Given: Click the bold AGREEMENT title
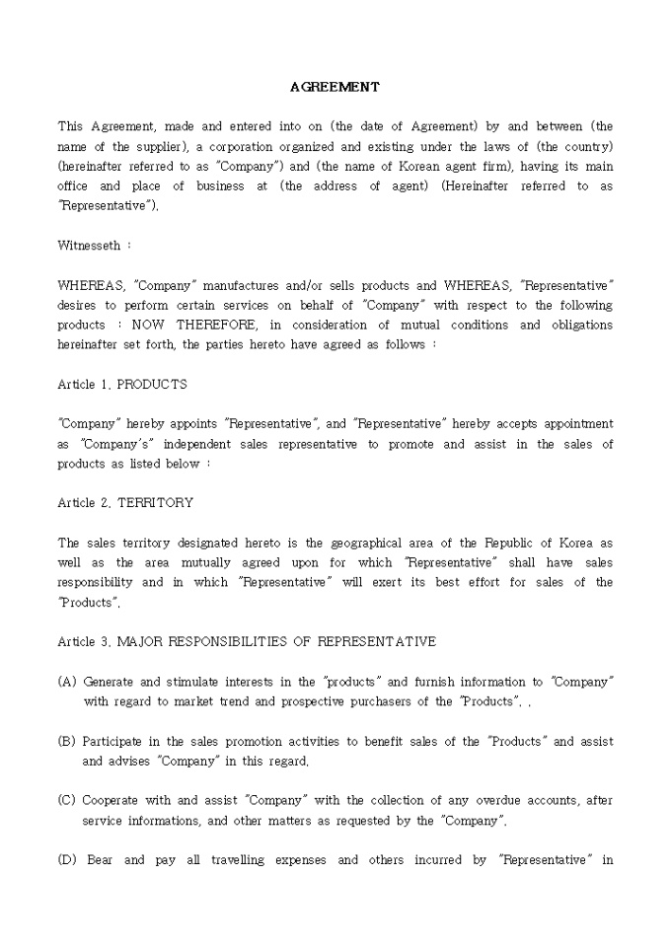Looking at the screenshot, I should [335, 87].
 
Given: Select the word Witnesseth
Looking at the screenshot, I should [89, 245].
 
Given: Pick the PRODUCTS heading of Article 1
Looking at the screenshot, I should [152, 384].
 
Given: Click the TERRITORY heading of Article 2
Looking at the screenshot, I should [155, 502].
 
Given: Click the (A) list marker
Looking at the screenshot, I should [67, 682].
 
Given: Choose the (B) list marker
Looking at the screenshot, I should [67, 741].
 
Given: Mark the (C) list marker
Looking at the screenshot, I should [67, 800].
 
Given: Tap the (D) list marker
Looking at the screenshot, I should [67, 860].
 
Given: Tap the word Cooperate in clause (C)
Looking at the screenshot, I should [112, 800].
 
